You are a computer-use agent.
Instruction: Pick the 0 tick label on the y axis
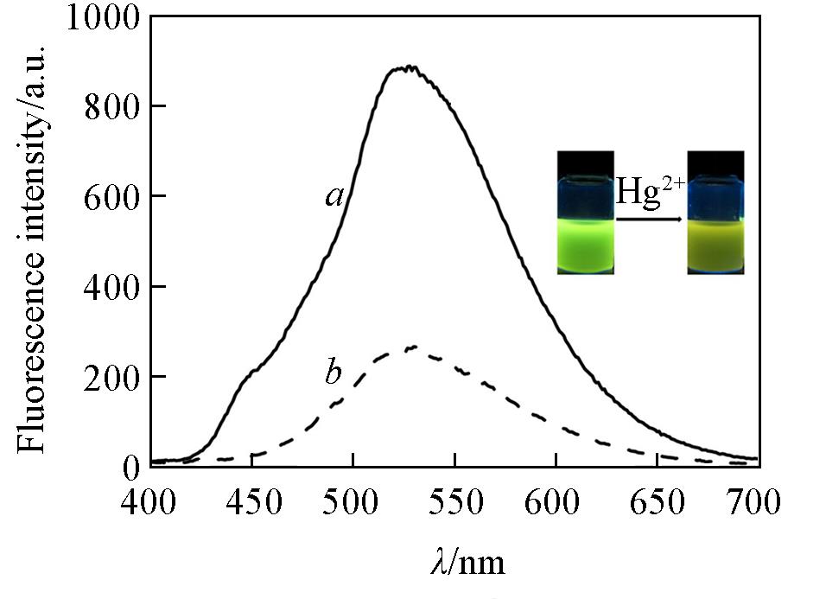click(x=131, y=468)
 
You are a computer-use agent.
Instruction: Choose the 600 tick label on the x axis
click(x=556, y=501)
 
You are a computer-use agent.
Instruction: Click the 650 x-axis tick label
click(x=657, y=501)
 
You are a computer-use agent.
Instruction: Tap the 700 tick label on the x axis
click(x=756, y=501)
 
